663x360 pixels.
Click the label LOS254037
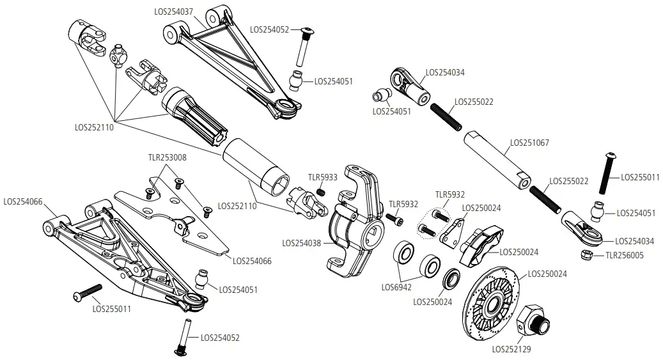click(x=175, y=11)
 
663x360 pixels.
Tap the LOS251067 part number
click(x=529, y=143)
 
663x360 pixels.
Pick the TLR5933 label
click(x=322, y=177)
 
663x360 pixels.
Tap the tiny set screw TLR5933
click(x=322, y=191)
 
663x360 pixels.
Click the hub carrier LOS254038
click(x=354, y=224)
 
